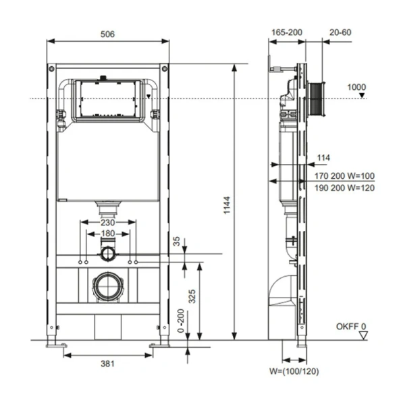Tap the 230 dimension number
tap(108, 222)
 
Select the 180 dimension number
tap(108, 234)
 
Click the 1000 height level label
tap(356, 87)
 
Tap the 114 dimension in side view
tap(323, 158)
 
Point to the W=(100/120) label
tap(293, 371)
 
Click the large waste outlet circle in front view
tap(108, 286)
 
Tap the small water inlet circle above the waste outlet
tap(108, 254)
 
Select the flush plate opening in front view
tap(108, 100)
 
